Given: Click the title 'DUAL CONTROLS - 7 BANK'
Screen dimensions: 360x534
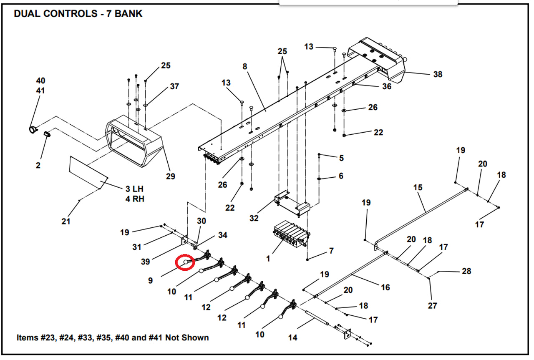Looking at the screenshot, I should pos(78,14).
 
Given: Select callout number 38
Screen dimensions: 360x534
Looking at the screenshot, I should pos(437,74).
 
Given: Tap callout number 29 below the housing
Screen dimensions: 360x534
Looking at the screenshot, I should pos(170,176).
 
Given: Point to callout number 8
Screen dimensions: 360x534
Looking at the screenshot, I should pos(244,66).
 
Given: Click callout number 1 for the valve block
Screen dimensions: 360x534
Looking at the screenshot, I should pos(268,258).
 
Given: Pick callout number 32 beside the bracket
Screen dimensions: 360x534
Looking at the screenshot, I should pos(254,218).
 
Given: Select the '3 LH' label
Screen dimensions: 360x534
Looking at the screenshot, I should pos(134,189).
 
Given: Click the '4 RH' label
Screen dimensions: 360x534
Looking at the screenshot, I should pos(135,199).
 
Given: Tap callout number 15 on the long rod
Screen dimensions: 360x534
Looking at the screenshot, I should pos(418,187).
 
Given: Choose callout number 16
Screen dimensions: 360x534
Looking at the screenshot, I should pos(385,287).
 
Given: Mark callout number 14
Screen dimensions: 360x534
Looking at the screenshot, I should pos(293,337).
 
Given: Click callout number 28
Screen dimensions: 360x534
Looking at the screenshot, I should pos(466,271).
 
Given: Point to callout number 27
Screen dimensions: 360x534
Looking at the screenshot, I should pos(433,305).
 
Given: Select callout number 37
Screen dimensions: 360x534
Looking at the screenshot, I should pos(174,86).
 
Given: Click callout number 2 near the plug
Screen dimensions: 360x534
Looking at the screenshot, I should pos(38,165).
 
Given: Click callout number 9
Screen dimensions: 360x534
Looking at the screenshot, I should pos(150,281).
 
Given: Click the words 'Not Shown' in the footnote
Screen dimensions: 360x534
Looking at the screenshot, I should pos(187,337).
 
